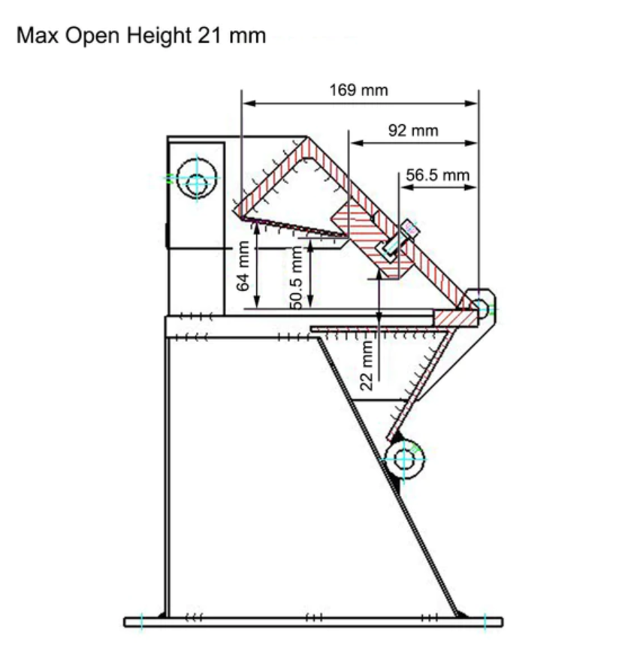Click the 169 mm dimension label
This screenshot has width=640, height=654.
click(358, 91)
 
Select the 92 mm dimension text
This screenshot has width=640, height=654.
click(412, 131)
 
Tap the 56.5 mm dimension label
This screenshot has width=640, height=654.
click(438, 175)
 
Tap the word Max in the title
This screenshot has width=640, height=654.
click(38, 35)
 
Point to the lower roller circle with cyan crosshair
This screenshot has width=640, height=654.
click(404, 456)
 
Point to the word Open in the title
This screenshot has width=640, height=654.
click(95, 35)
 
